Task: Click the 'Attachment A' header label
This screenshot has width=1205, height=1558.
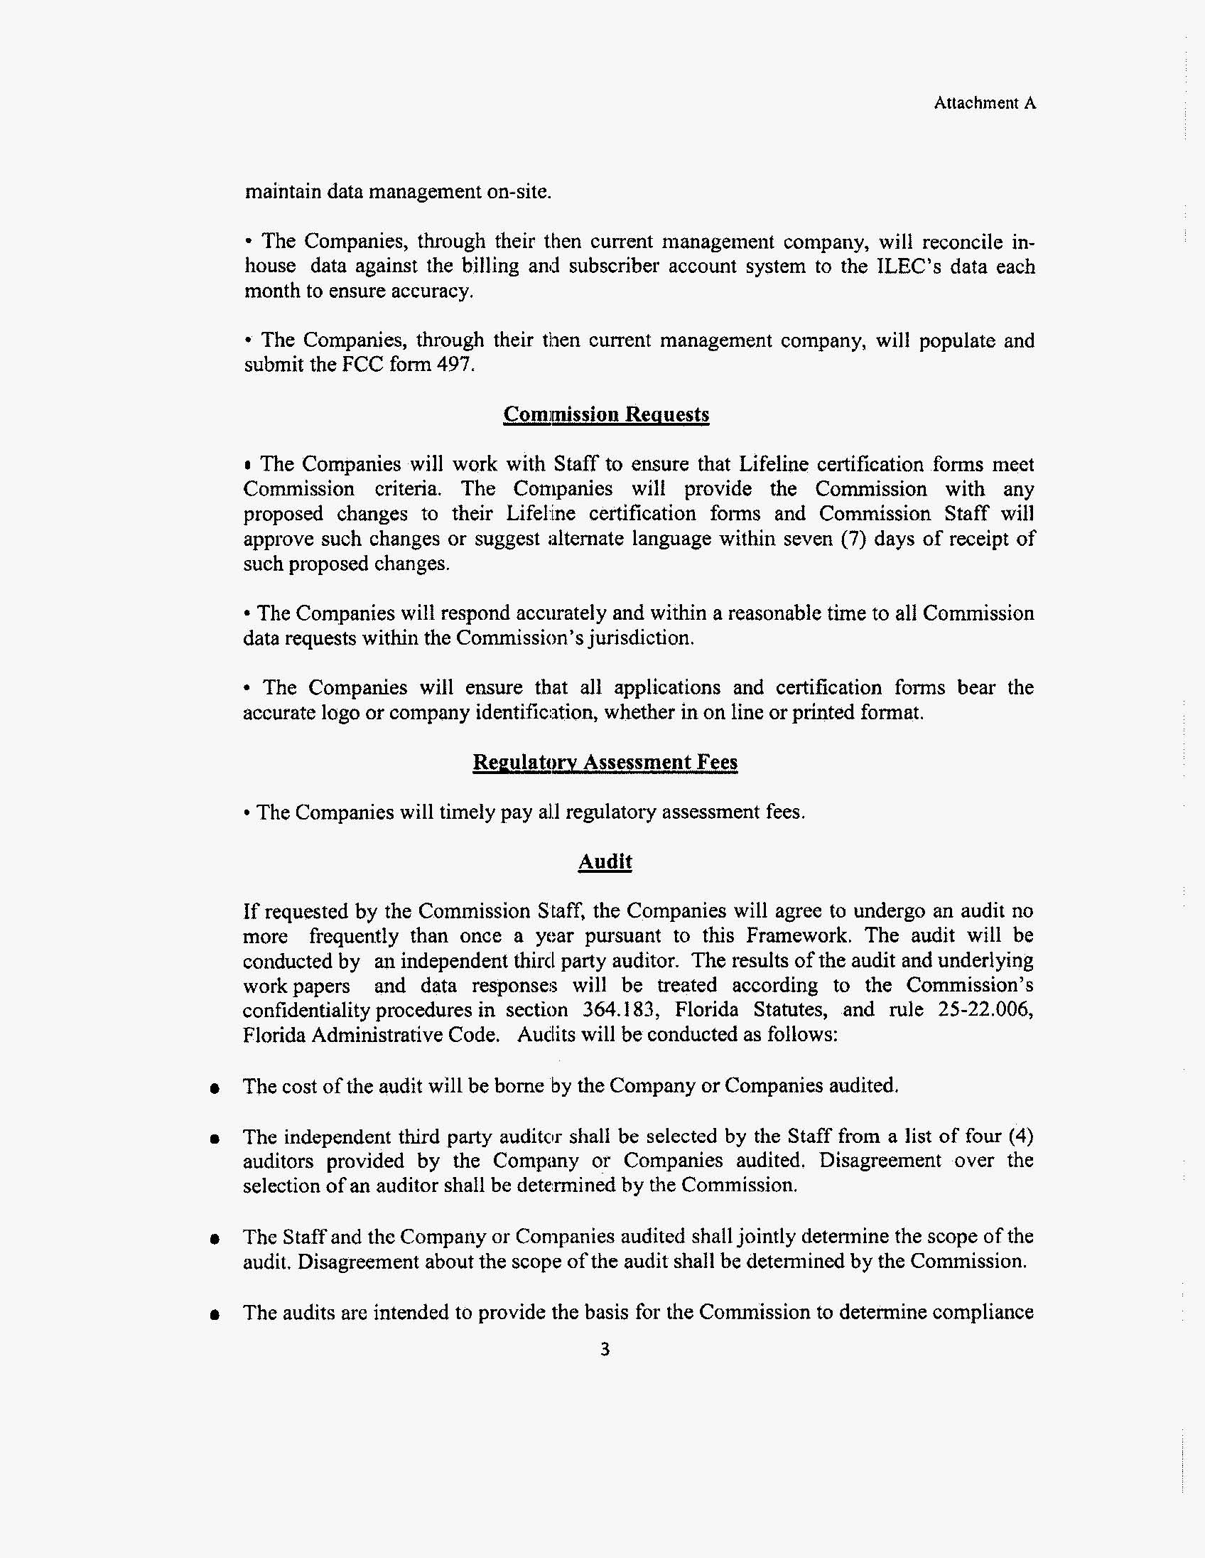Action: pos(985,104)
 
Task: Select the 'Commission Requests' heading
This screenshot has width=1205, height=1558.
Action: pos(606,414)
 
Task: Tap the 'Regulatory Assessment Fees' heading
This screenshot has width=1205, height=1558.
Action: pos(605,762)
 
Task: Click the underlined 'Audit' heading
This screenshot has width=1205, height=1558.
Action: pos(605,861)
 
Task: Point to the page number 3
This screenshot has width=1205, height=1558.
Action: pos(605,1349)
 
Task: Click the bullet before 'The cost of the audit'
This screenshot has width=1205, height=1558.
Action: pos(213,1090)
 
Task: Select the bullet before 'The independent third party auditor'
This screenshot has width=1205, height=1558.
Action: pos(213,1139)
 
